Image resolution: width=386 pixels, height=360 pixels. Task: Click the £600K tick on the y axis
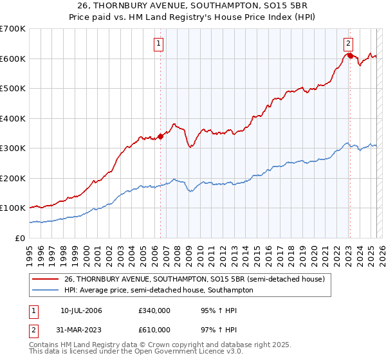click(14, 59)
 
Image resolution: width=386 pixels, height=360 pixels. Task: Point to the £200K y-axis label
click(14, 178)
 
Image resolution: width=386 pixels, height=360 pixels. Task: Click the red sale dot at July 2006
click(160, 136)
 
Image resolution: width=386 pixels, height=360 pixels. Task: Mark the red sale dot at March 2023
click(350, 55)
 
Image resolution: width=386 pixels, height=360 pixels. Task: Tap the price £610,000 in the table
click(154, 329)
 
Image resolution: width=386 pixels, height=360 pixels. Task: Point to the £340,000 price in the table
click(154, 310)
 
